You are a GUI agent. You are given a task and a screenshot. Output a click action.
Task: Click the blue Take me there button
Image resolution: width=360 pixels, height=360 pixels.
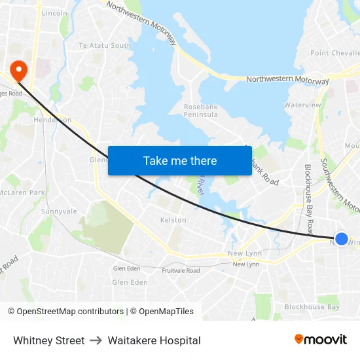coord(179,160)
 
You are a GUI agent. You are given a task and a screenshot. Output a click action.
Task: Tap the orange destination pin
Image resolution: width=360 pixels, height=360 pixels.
coord(18,71)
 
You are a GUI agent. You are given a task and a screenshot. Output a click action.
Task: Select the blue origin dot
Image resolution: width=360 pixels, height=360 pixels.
coord(341,239)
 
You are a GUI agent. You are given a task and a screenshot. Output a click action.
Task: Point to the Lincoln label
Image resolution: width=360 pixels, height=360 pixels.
coord(54,13)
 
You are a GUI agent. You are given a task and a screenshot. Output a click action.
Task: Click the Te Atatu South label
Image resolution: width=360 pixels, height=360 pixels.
coord(105,45)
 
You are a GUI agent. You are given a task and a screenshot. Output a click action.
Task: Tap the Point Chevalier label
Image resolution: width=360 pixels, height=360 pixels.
coord(334,53)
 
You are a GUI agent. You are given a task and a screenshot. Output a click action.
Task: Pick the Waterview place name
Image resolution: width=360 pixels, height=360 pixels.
coord(302,105)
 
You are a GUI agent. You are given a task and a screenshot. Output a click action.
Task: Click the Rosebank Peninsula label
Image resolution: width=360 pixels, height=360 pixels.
coord(201,110)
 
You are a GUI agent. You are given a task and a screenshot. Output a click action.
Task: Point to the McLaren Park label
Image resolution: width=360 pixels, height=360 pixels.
coord(22,192)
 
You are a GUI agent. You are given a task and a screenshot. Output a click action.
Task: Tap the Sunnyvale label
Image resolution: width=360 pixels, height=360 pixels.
coord(59,211)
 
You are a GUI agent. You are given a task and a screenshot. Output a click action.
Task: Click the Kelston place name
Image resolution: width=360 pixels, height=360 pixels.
coord(173,220)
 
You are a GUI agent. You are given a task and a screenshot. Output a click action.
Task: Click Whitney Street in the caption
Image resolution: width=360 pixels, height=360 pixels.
coord(49,340)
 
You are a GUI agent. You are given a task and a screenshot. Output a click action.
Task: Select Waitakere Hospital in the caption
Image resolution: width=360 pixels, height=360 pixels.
coord(154,340)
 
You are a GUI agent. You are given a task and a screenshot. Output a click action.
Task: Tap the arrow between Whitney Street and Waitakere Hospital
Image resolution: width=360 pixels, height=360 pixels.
coord(96,340)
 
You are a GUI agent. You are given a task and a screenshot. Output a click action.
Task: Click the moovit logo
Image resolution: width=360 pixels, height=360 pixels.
coord(320,339)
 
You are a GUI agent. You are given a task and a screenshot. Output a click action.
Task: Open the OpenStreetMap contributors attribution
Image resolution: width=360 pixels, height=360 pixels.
coord(65,312)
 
